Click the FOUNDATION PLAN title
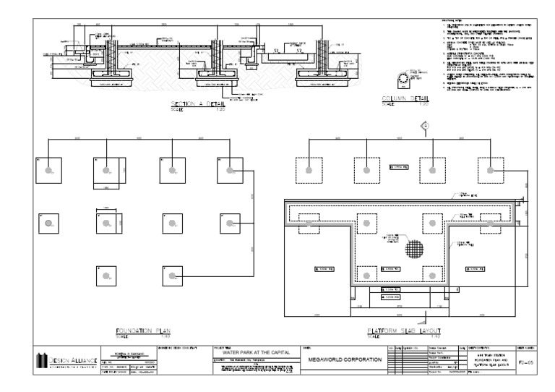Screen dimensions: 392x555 (142, 331)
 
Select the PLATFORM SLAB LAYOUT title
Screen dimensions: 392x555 (400, 331)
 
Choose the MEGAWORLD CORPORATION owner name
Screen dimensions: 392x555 (345, 359)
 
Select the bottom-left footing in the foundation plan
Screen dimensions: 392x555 (106, 276)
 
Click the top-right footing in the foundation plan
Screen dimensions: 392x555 (230, 170)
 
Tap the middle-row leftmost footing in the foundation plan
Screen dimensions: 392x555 (48, 223)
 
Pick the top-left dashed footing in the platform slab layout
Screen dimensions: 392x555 (309, 170)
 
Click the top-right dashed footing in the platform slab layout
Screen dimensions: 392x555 (491, 170)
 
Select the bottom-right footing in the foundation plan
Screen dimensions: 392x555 (173, 276)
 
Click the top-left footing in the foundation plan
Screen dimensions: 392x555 (48, 170)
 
